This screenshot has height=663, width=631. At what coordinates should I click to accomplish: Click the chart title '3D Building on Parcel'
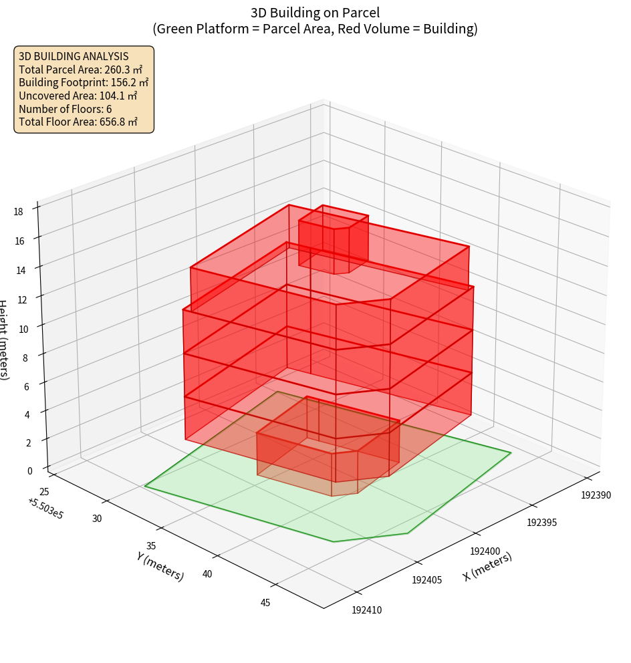(x=315, y=12)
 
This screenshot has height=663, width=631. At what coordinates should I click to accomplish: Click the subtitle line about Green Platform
(x=315, y=29)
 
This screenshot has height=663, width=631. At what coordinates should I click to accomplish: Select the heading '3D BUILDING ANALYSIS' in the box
(x=74, y=56)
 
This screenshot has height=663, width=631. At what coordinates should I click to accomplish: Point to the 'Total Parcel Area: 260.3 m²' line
(x=80, y=70)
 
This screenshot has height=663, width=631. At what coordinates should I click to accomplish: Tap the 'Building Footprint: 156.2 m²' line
(x=84, y=82)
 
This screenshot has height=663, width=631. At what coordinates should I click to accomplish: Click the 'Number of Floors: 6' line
(x=66, y=108)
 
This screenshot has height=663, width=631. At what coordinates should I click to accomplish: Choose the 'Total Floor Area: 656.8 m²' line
(x=78, y=122)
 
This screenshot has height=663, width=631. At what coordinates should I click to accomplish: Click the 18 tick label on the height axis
(x=18, y=212)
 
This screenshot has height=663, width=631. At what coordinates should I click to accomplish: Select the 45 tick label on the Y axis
(x=265, y=603)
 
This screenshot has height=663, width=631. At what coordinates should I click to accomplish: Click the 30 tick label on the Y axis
(x=97, y=519)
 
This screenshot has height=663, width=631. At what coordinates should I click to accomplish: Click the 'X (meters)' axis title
(x=487, y=567)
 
